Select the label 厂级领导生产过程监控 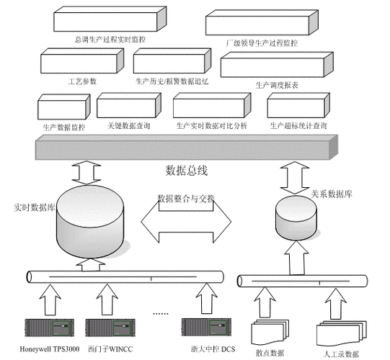(x=262, y=43)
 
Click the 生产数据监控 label (x=63, y=126)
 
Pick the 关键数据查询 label (x=128, y=126)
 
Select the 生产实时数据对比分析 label (x=211, y=126)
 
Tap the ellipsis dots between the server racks (x=160, y=313)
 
